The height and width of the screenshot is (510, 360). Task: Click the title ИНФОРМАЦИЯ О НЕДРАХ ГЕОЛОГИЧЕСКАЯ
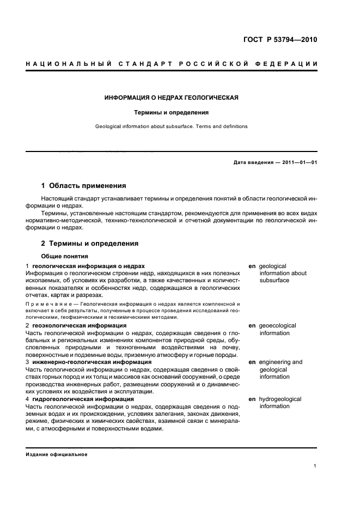(172, 98)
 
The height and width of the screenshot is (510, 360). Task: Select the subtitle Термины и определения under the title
(172, 113)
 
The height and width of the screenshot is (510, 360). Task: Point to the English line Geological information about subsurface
(172, 126)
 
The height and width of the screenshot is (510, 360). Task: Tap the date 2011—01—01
(298, 162)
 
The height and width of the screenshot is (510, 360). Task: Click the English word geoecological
(277, 325)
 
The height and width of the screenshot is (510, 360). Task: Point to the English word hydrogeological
(280, 399)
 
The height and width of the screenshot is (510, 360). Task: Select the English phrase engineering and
(280, 362)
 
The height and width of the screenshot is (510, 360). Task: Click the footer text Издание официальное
(56, 454)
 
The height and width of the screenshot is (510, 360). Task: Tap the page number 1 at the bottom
(315, 466)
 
